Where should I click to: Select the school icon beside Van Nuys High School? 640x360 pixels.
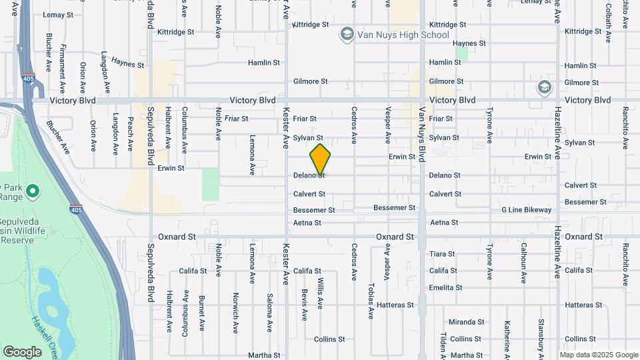(346, 35)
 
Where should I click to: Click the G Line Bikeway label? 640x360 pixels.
(527, 210)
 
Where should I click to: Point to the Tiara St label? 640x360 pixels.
(442, 254)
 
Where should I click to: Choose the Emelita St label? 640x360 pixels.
(445, 288)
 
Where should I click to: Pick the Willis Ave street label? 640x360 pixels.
(320, 293)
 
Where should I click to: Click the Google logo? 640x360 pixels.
(22, 351)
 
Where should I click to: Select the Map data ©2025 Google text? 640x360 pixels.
(598, 355)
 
